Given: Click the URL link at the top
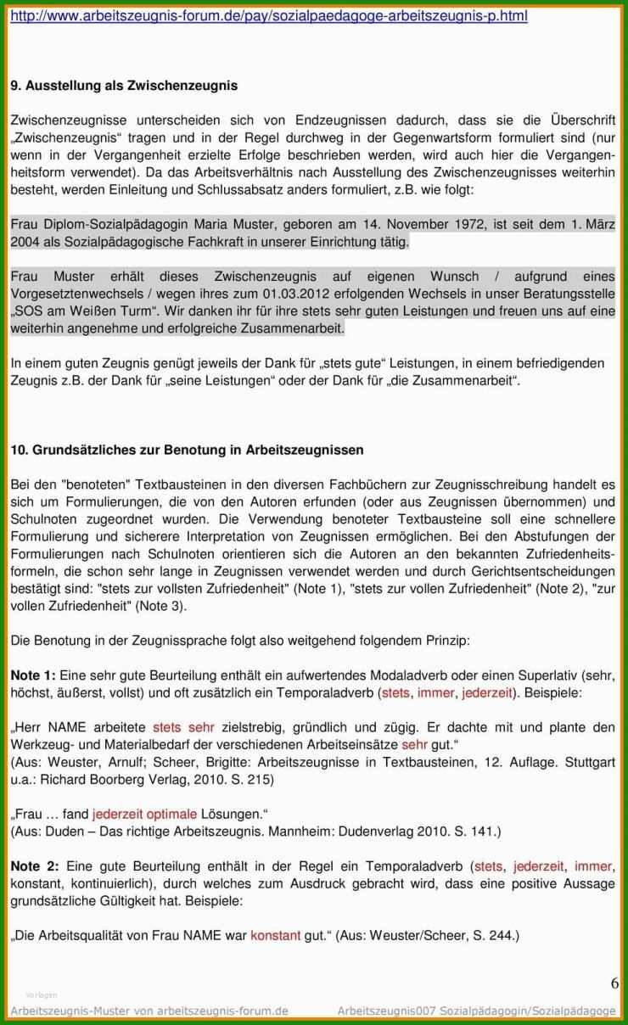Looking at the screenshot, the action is (x=269, y=16).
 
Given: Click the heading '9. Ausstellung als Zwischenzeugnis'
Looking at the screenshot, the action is (x=124, y=86).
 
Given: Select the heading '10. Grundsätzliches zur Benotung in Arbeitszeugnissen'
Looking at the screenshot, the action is (x=187, y=451).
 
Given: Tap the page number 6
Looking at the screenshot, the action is (x=614, y=983).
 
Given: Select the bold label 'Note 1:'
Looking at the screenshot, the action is (x=33, y=675).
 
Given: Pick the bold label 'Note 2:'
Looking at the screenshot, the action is (x=35, y=866).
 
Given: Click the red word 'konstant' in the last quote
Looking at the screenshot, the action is (x=275, y=936).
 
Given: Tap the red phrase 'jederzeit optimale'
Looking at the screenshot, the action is (x=144, y=815).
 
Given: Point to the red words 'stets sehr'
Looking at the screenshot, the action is (x=183, y=727).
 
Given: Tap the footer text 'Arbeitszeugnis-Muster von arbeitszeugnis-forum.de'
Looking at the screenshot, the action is (x=149, y=1011).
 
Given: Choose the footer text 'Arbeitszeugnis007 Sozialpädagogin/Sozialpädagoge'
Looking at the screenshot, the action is (x=476, y=1011).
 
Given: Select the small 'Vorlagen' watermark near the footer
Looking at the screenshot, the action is (x=42, y=994).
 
